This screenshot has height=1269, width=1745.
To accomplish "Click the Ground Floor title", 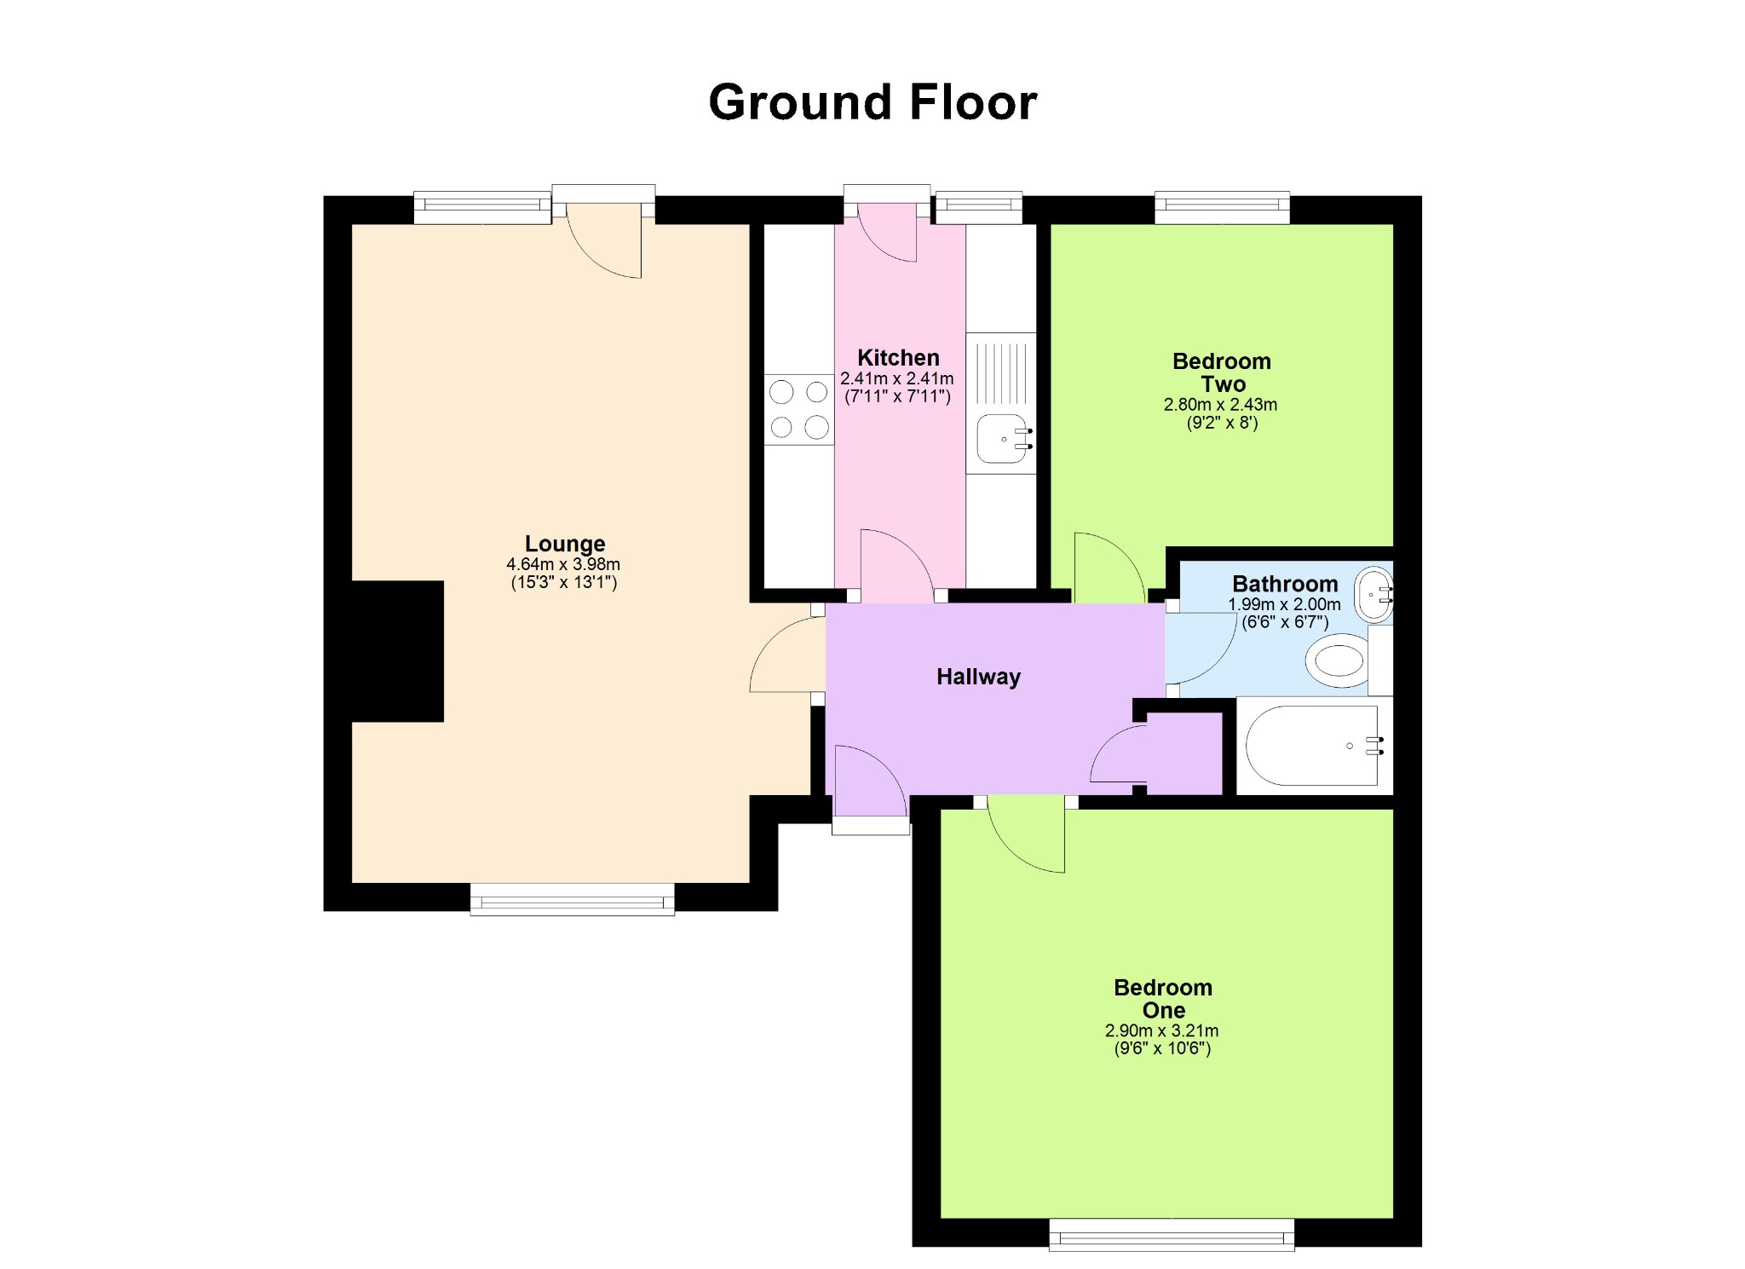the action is [872, 103].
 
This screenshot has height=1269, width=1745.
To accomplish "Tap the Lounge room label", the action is [565, 544].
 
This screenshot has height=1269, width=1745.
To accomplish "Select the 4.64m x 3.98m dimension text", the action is [563, 564].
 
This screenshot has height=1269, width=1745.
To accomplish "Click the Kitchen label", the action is [898, 358].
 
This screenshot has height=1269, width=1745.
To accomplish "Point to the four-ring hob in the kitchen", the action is [799, 409].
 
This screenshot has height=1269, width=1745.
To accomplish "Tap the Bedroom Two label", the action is [1222, 372].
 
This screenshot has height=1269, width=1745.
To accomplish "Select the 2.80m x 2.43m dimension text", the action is [1220, 405].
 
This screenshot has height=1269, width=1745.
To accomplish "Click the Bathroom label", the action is [1285, 584].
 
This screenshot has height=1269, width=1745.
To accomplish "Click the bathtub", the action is [1314, 746].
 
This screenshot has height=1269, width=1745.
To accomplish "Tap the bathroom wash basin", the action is [1374, 594].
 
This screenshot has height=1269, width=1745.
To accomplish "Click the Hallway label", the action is [978, 677].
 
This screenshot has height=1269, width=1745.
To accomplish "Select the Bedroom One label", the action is [1163, 999].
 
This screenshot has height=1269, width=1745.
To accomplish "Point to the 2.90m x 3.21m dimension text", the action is [1162, 1031].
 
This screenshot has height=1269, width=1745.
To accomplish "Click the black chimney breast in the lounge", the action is [397, 651].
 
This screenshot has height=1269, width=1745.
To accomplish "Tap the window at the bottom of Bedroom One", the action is [1172, 1235].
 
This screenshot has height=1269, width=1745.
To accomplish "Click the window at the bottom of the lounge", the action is [573, 899].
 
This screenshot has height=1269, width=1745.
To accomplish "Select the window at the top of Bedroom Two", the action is [1222, 208].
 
